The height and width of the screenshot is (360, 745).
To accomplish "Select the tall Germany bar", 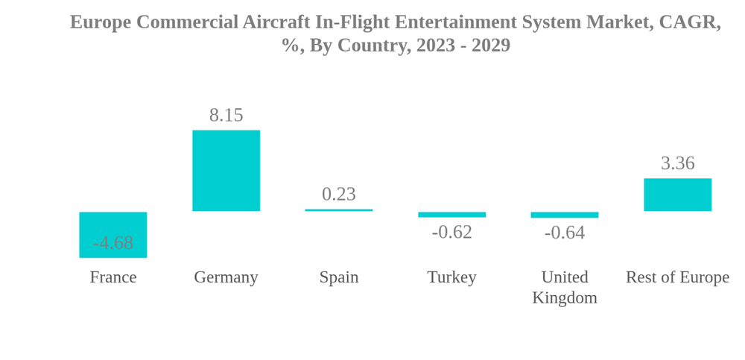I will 226,171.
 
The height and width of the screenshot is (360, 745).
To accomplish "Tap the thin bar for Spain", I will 339,210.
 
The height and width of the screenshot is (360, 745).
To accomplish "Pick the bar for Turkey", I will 451,215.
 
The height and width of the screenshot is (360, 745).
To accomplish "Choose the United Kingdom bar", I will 564,215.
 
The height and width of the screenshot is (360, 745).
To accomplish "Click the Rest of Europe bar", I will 677,195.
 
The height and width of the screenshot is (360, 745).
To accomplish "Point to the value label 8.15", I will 226,115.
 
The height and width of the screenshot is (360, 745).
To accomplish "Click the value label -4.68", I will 112,243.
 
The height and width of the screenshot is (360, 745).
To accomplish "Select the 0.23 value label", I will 339,194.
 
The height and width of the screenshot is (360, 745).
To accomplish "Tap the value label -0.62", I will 451,232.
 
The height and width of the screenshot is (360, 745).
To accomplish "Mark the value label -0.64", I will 564,233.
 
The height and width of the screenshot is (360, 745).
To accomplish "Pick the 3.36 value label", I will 677,163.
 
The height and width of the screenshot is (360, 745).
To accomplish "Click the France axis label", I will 112,277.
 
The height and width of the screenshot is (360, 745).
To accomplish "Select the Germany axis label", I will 226,277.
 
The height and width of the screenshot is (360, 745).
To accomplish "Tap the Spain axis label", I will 339,277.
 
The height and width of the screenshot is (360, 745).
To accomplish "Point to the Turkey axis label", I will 451,277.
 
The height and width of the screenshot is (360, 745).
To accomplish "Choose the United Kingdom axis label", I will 564,287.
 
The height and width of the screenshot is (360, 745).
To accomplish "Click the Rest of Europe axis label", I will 677,277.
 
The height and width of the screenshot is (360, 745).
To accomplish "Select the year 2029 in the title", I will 491,45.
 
